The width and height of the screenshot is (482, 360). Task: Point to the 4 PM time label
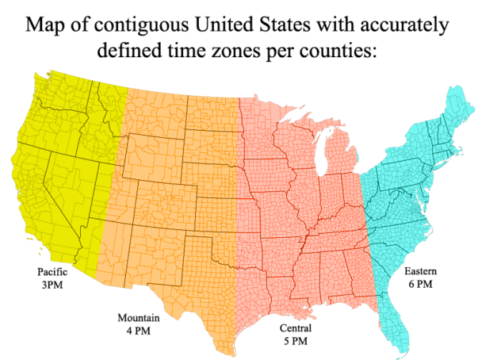[x=139, y=331]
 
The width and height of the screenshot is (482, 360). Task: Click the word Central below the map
[x=295, y=328]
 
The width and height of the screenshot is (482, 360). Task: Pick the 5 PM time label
[x=295, y=341]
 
